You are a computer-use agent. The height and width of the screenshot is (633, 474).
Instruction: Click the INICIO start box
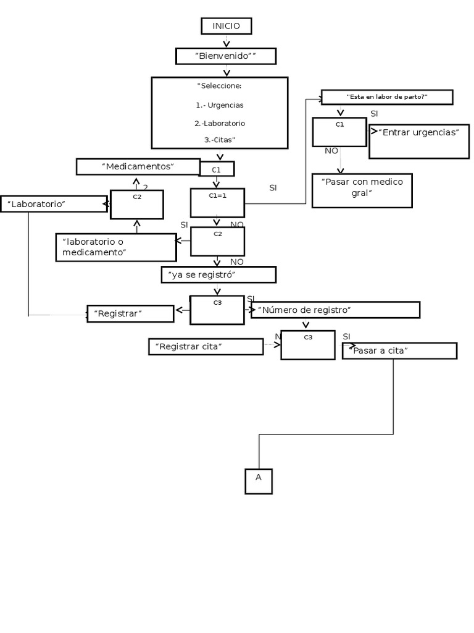click(x=226, y=26)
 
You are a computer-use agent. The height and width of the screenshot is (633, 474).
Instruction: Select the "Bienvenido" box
click(x=226, y=56)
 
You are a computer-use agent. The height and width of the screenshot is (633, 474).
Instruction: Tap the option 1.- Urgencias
click(x=220, y=105)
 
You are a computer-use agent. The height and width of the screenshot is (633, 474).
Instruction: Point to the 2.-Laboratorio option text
click(x=220, y=123)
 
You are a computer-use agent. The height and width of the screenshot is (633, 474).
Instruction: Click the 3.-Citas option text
click(x=220, y=140)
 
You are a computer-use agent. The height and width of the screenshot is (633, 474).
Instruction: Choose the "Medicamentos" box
click(x=138, y=166)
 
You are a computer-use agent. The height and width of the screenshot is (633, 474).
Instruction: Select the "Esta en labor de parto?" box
click(x=387, y=97)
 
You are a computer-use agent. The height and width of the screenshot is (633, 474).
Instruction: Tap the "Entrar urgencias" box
click(x=418, y=142)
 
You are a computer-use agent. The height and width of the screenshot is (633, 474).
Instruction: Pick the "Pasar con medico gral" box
click(x=362, y=190)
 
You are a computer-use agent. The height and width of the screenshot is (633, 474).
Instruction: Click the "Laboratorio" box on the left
click(x=54, y=204)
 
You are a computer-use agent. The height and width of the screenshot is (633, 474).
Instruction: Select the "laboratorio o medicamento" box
click(x=115, y=247)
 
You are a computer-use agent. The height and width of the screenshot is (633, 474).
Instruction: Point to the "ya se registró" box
click(x=218, y=274)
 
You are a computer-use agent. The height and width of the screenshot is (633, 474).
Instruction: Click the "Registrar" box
click(x=130, y=314)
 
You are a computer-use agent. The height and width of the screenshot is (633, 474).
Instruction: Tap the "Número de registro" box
click(x=335, y=310)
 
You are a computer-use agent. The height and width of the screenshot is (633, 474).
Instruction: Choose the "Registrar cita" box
click(x=206, y=347)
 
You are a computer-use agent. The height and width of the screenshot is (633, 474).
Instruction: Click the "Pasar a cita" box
click(x=399, y=351)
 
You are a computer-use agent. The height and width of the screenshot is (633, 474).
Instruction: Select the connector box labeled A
click(x=259, y=482)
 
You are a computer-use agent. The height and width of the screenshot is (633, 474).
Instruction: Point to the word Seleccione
click(x=220, y=85)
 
